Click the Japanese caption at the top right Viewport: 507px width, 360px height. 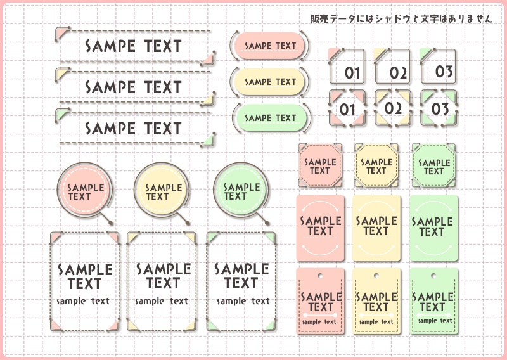(401, 18)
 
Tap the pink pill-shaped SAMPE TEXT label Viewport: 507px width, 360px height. (269, 46)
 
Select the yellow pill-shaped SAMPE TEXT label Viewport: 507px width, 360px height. (269, 82)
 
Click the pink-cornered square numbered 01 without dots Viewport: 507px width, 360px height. (346, 67)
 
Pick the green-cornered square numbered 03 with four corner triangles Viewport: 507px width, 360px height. (439, 108)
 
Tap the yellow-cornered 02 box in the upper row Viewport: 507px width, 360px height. (392, 67)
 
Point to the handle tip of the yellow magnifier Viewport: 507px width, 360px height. (188, 223)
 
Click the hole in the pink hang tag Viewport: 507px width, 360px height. (320, 276)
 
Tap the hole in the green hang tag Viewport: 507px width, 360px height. (433, 276)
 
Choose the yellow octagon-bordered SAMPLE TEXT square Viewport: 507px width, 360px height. (376, 165)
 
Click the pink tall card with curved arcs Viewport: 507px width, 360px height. (321, 228)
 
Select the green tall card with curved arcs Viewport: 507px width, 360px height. (433, 228)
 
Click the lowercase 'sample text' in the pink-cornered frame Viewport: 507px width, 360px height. (83, 301)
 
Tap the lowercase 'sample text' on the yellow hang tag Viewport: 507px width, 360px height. (376, 322)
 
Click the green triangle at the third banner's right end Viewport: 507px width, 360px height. (209, 140)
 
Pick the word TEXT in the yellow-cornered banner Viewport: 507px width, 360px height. (163, 87)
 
